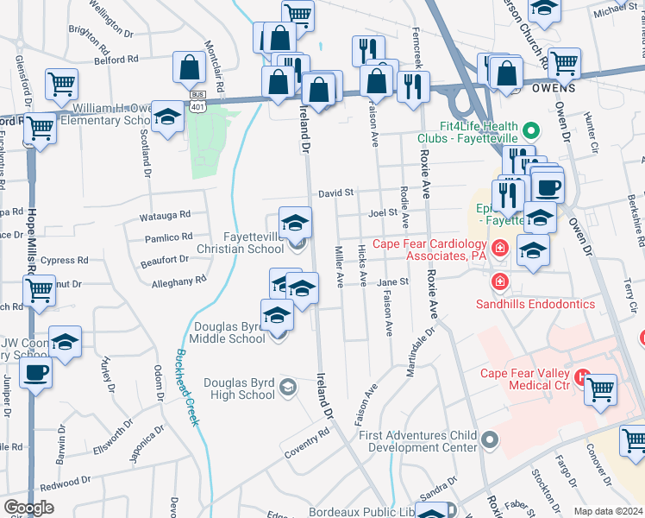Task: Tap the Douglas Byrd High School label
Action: click(240, 389)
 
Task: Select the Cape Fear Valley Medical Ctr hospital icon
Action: click(582, 377)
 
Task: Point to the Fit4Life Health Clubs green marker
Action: click(532, 131)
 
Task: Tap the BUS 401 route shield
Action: click(198, 100)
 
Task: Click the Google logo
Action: click(28, 508)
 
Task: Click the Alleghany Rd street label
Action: click(178, 281)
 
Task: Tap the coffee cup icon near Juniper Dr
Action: click(35, 373)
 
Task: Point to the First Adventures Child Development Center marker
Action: click(491, 441)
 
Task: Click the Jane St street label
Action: click(391, 281)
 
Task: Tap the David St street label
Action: click(335, 193)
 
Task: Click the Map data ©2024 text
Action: click(608, 511)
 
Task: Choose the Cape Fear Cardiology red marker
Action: click(499, 250)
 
